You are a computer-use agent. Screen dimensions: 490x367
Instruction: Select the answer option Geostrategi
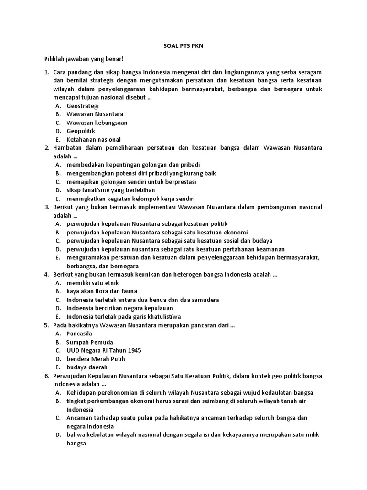click(83, 105)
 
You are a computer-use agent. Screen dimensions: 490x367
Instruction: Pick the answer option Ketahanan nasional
click(94, 139)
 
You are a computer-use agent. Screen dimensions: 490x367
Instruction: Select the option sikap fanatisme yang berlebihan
click(110, 190)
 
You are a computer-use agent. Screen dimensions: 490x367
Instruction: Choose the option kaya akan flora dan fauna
click(102, 291)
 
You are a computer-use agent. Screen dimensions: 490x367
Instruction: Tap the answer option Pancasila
click(79, 333)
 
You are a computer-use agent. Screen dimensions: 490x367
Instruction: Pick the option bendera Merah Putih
click(96, 358)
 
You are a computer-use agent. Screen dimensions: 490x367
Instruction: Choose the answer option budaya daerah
click(86, 367)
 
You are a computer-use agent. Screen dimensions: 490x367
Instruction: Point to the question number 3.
click(47, 207)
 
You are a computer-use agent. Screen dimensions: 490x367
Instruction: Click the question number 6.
click(47, 376)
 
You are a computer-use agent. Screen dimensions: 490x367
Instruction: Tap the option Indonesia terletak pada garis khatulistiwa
click(123, 316)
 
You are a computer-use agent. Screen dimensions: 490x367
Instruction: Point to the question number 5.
click(47, 325)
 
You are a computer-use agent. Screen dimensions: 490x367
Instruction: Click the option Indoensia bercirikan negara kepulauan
click(119, 308)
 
